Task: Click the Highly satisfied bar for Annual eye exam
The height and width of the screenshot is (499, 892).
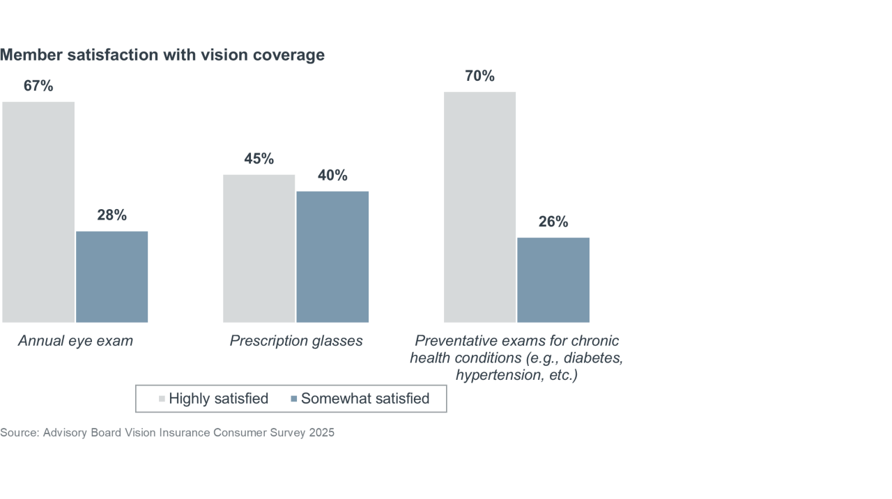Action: click(x=38, y=212)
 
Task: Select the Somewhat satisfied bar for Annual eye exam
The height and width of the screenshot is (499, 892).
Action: click(x=111, y=277)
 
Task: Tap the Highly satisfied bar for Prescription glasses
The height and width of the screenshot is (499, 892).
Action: click(x=259, y=248)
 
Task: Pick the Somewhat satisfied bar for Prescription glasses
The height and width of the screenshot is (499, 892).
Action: click(x=332, y=256)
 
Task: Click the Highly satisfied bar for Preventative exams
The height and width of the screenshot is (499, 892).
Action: click(x=479, y=207)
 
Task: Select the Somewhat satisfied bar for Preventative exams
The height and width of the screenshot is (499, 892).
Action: click(x=553, y=280)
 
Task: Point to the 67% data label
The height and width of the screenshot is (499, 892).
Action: click(x=38, y=86)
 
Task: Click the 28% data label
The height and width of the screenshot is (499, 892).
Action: click(x=111, y=215)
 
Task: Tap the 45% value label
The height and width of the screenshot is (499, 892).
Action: click(x=259, y=159)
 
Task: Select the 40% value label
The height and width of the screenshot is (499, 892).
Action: click(x=332, y=176)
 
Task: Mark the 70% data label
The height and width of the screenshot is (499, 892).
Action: click(x=479, y=77)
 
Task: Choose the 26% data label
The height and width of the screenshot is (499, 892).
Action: click(x=553, y=222)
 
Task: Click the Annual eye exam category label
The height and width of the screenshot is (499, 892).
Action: click(x=75, y=341)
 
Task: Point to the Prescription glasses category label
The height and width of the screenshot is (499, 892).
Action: click(x=296, y=341)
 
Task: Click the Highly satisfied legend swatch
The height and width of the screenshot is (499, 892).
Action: click(x=162, y=399)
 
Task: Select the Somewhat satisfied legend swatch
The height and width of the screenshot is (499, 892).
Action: click(x=293, y=399)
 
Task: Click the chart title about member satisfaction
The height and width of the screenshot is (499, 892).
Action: click(x=162, y=55)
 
